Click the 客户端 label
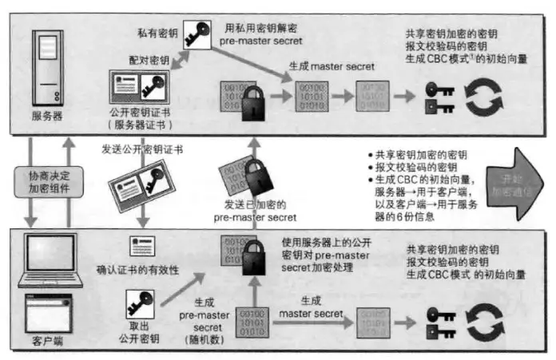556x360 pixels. point(50,340)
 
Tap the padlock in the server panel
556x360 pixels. point(252,102)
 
